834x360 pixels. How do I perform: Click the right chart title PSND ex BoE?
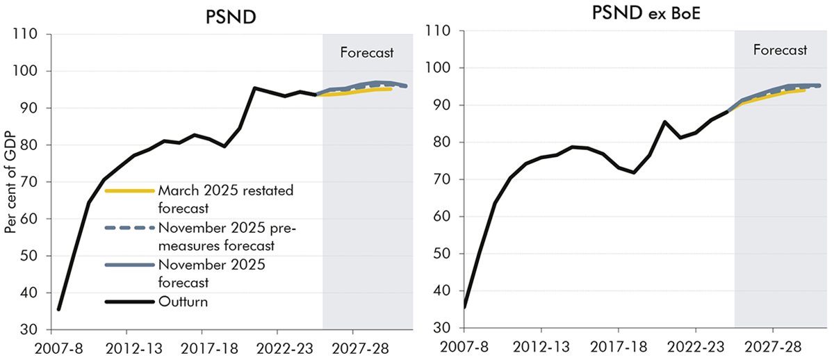point(639,14)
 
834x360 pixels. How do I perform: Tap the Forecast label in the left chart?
point(367,52)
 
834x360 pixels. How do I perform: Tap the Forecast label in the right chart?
point(780,49)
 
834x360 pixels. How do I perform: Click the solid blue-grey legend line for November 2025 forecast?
point(129,265)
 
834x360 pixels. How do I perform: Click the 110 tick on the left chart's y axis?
point(28,34)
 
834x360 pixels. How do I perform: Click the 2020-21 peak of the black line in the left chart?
point(254,88)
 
